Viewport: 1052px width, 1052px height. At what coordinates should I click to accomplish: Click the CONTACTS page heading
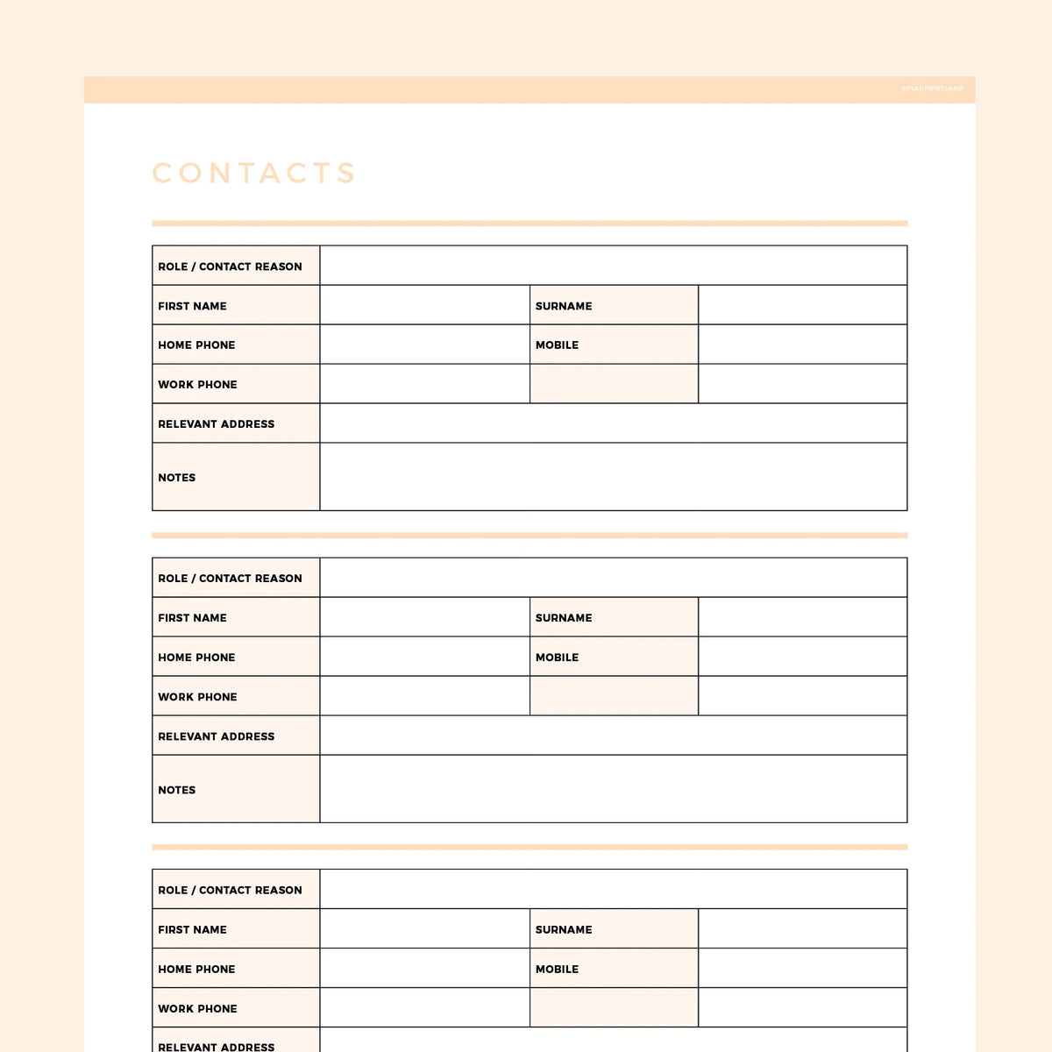tap(254, 173)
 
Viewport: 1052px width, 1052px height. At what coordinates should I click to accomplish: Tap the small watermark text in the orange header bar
tap(932, 89)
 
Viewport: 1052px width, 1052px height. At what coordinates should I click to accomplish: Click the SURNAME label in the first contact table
tap(564, 306)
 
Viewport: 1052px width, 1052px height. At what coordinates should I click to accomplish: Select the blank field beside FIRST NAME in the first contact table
tap(424, 305)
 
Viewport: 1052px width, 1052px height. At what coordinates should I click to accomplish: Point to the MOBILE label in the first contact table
tap(557, 345)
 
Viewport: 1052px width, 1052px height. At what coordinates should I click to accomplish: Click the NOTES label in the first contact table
tap(177, 478)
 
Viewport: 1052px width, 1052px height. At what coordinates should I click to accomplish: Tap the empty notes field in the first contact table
tap(613, 477)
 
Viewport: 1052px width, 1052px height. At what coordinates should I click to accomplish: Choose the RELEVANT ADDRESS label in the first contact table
tap(217, 424)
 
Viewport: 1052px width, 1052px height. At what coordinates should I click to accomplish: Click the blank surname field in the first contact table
tap(802, 305)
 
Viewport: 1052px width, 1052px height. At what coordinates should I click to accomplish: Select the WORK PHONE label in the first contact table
tap(197, 385)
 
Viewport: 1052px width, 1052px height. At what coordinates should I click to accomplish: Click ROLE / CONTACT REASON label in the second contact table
tap(230, 579)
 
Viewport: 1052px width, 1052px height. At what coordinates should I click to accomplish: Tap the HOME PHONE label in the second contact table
tap(196, 657)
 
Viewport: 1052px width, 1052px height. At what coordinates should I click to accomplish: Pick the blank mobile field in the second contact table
tap(802, 657)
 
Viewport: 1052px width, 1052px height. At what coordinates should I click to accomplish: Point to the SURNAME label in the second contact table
tap(564, 618)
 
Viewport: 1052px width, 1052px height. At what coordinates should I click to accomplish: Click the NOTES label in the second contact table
tap(177, 790)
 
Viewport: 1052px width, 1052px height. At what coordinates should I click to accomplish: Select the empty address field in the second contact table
tap(613, 736)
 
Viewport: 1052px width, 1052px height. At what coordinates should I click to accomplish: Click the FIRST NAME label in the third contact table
tap(192, 930)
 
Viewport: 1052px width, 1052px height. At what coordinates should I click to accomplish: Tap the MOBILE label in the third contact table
tap(557, 970)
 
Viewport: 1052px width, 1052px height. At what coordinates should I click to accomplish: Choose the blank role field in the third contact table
tap(613, 889)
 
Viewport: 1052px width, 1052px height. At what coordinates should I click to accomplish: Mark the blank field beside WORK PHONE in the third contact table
tap(424, 1008)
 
